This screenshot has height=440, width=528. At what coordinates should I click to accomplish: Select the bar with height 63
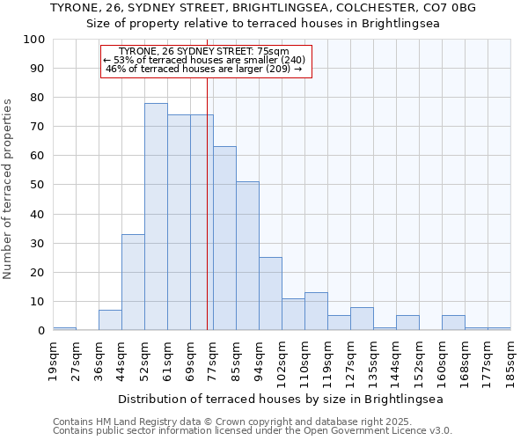click(x=224, y=238)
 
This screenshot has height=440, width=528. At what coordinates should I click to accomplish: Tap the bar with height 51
click(x=247, y=256)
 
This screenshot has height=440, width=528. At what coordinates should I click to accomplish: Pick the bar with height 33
click(x=133, y=282)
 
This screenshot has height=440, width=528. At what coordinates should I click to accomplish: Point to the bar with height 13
click(x=316, y=312)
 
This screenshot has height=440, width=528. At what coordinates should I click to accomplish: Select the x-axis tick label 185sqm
click(x=510, y=361)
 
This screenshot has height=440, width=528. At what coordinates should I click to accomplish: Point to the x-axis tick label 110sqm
click(x=304, y=361)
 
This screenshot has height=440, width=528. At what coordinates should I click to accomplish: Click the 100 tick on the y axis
click(x=34, y=40)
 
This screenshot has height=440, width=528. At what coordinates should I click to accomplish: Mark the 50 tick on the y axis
click(x=37, y=186)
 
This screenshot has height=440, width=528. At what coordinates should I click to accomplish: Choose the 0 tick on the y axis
click(x=40, y=331)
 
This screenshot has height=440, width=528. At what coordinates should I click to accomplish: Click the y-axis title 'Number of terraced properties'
click(x=9, y=189)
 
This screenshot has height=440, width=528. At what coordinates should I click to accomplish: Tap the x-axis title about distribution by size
click(x=281, y=399)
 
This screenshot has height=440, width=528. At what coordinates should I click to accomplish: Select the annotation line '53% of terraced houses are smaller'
click(x=207, y=60)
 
